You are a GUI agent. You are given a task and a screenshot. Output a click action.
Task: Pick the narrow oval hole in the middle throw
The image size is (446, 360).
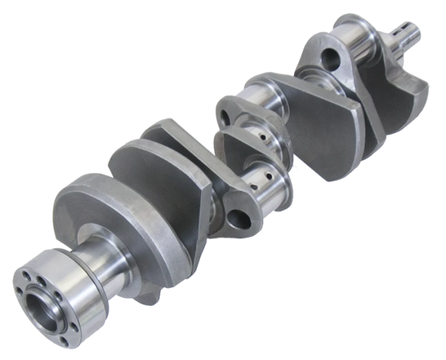point(225,118)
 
